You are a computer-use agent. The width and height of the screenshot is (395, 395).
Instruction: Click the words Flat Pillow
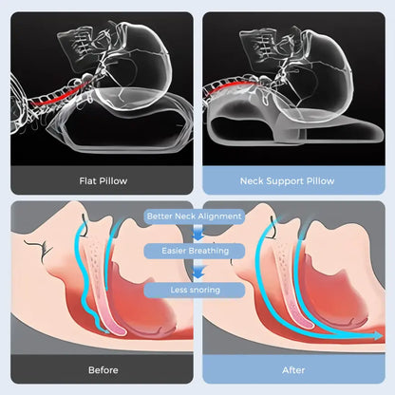[x=103, y=181]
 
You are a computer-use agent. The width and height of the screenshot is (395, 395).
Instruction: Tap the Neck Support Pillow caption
[x=287, y=181]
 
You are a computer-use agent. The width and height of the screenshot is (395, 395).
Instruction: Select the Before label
[x=103, y=370]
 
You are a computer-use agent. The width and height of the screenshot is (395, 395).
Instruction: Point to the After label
[x=293, y=370]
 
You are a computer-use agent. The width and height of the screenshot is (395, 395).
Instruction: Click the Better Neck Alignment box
[x=195, y=216]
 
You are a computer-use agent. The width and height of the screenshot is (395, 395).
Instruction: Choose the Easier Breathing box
[x=195, y=251]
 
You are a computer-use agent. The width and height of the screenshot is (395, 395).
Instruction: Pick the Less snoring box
[x=195, y=290]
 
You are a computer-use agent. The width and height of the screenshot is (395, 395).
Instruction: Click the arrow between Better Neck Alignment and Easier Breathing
[x=197, y=234]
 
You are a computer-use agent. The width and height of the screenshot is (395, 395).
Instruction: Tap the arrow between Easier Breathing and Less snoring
[x=197, y=272]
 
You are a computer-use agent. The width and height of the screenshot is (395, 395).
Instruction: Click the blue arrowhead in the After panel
[x=378, y=335]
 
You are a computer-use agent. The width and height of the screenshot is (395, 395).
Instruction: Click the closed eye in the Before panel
[x=37, y=248]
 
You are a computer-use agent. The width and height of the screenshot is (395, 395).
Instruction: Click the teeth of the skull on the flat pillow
[x=79, y=47]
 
